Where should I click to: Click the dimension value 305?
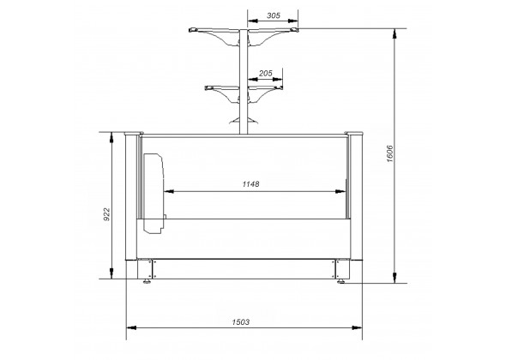274,15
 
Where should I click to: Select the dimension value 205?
266,74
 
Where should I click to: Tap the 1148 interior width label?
250,184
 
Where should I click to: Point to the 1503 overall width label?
241,322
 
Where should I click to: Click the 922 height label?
106,214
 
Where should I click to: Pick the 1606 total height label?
390,153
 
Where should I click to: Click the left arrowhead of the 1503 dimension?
131,327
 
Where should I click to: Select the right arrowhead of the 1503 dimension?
357,327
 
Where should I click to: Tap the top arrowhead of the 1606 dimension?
395,34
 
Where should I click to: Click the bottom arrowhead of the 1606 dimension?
395,278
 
